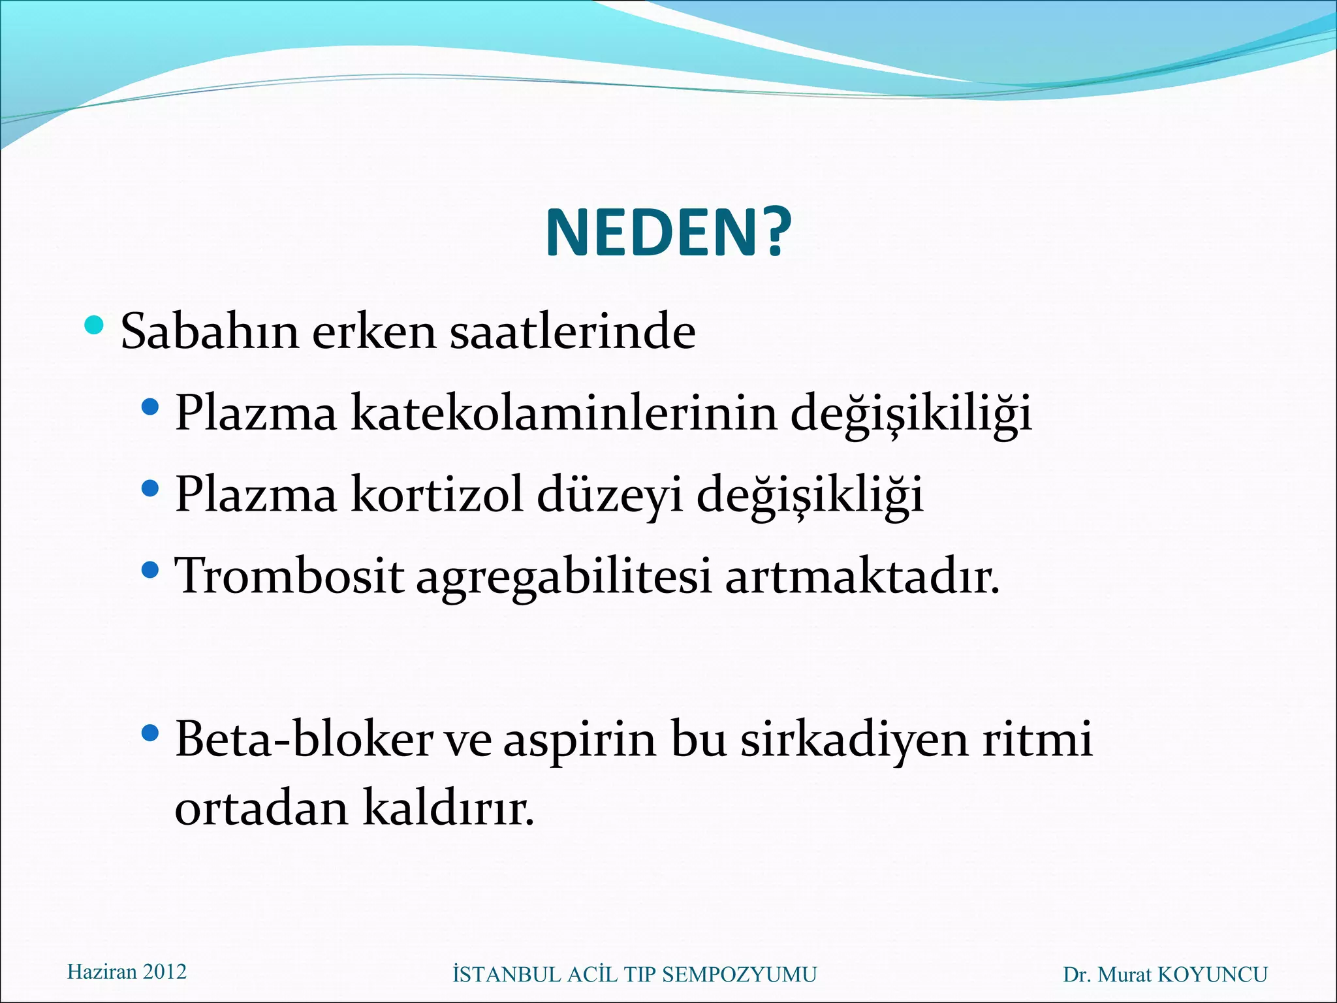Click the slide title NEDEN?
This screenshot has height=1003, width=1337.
pos(668,233)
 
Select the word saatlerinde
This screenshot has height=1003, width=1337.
pos(573,332)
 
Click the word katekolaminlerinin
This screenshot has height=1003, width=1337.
pos(564,413)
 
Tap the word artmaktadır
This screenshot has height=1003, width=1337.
pos(862,576)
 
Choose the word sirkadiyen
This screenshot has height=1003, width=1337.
pos(854,741)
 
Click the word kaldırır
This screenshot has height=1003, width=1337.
pos(448,808)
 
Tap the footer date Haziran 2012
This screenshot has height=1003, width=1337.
pos(127,972)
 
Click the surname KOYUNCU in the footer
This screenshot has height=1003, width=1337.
pos(1212,974)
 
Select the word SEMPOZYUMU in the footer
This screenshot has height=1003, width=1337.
pos(739,974)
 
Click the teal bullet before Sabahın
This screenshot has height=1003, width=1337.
pos(95,324)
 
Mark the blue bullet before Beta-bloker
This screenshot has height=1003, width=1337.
pos(150,733)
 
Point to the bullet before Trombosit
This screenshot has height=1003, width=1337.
pos(150,570)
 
